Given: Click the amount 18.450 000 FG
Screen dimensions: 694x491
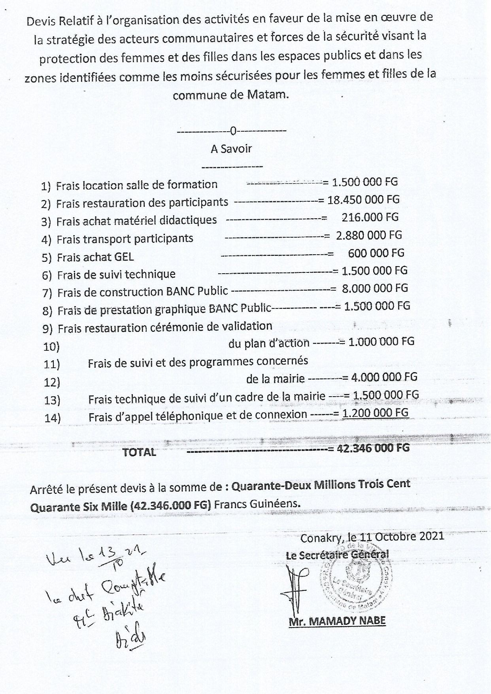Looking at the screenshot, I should (x=363, y=200).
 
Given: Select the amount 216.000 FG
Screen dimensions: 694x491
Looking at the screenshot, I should (x=370, y=217).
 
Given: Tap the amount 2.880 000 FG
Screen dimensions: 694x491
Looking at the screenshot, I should (x=368, y=235).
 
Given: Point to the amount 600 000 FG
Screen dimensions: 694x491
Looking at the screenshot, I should (x=376, y=253).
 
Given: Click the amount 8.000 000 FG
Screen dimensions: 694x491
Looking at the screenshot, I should (x=374, y=288).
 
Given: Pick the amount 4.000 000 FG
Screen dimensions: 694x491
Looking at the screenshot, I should (x=384, y=377).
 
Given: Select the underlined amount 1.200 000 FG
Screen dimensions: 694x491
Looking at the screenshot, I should (x=375, y=413).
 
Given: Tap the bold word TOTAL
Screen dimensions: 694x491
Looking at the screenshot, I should (x=139, y=452).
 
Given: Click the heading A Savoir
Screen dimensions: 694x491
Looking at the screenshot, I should (x=231, y=149).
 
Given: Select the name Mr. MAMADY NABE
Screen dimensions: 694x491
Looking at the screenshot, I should (x=337, y=621).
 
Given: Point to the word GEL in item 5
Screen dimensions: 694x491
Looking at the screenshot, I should (x=124, y=257).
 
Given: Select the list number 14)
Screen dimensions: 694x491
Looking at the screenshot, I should (x=52, y=418).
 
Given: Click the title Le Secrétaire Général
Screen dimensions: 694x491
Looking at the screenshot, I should (x=337, y=554).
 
